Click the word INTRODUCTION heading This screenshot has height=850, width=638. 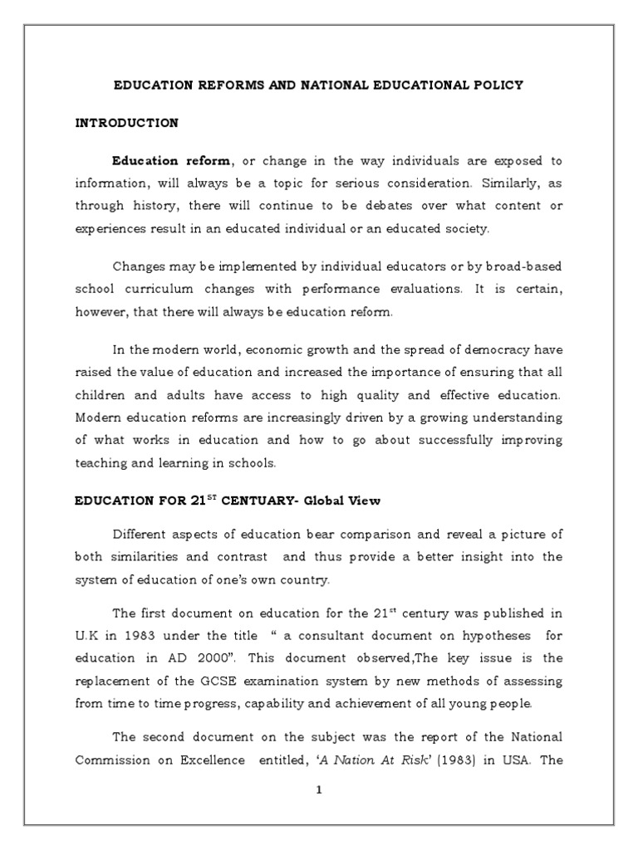click(x=126, y=123)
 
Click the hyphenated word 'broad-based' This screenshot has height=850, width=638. click(x=524, y=266)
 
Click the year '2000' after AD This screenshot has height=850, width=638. click(x=220, y=658)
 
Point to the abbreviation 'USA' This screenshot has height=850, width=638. click(x=516, y=760)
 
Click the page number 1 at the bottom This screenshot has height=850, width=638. click(x=318, y=790)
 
